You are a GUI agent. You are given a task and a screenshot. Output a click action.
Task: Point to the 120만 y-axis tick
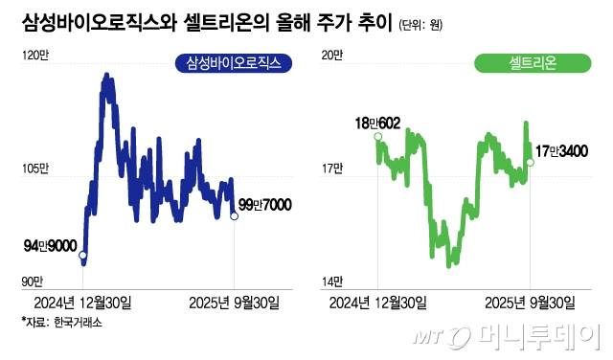pyautogui.click(x=34, y=56)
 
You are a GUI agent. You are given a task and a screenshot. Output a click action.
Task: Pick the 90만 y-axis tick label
pyautogui.click(x=32, y=281)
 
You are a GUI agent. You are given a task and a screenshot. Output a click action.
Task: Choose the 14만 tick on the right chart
pyautogui.click(x=330, y=281)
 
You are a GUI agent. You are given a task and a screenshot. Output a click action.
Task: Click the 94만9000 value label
pyautogui.click(x=49, y=247)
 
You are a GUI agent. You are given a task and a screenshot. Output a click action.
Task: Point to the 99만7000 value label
pyautogui.click(x=264, y=205)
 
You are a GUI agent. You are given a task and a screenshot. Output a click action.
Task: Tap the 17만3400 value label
pyautogui.click(x=561, y=151)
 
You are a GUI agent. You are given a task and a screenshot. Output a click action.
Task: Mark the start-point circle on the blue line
pyautogui.click(x=82, y=256)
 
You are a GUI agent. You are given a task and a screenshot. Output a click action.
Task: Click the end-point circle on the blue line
pyautogui.click(x=235, y=216)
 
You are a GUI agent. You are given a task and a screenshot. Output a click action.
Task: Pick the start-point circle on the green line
pyautogui.click(x=377, y=137)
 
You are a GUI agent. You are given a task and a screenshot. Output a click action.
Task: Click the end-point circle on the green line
pyautogui.click(x=531, y=162)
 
